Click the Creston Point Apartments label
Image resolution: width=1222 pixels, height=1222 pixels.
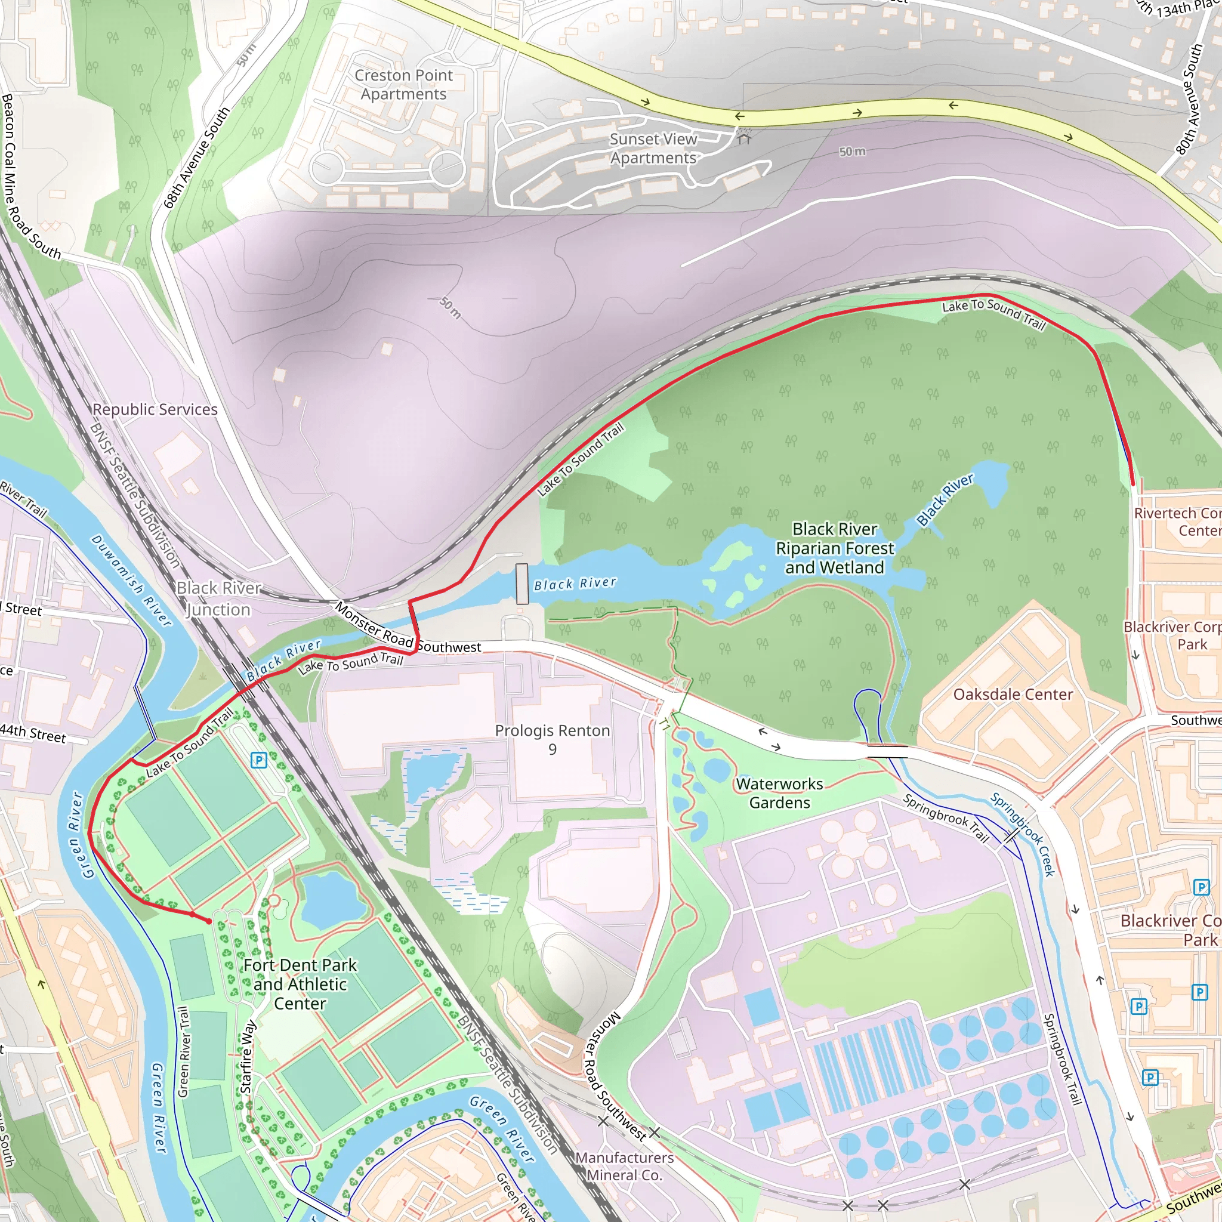click(x=403, y=84)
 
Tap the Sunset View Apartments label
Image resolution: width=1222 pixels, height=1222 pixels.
click(x=653, y=148)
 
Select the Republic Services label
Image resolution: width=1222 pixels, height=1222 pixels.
click(x=155, y=409)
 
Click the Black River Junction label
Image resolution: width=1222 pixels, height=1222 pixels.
click(x=218, y=598)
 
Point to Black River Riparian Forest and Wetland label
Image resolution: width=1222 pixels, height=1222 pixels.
click(x=835, y=548)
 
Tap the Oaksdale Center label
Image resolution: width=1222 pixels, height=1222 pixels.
click(x=1013, y=694)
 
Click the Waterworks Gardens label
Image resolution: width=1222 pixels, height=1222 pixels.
click(x=779, y=792)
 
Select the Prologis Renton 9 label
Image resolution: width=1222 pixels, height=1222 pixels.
click(x=552, y=739)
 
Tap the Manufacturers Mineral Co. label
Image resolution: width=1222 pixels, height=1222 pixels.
click(x=624, y=1166)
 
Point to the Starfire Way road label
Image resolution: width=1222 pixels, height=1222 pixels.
click(x=247, y=1057)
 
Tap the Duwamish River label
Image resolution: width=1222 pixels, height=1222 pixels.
click(x=131, y=581)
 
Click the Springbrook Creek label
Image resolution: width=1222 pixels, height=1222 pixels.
click(x=1023, y=834)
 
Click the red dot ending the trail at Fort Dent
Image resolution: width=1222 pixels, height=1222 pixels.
click(x=209, y=921)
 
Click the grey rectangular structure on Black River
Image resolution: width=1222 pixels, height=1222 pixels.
click(x=522, y=584)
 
